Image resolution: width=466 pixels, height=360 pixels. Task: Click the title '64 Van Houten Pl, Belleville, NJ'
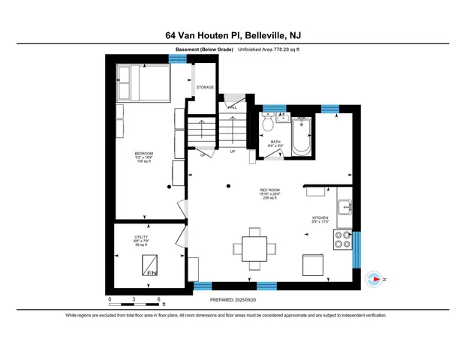(x=233, y=34)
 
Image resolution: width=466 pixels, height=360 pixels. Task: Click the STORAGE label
(x=205, y=88)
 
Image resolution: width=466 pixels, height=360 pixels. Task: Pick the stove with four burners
(x=344, y=239)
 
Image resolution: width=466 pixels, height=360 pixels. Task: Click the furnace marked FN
(x=150, y=266)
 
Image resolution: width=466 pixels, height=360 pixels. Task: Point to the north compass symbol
(x=374, y=279)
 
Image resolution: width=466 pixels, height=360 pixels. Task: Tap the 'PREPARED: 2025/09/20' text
(x=232, y=298)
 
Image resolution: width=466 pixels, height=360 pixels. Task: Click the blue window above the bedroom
(x=177, y=58)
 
